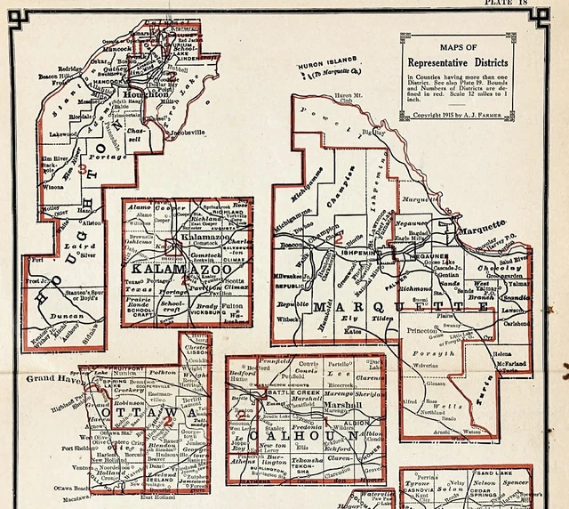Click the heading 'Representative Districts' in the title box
click(459, 63)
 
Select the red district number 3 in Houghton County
click(83, 168)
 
